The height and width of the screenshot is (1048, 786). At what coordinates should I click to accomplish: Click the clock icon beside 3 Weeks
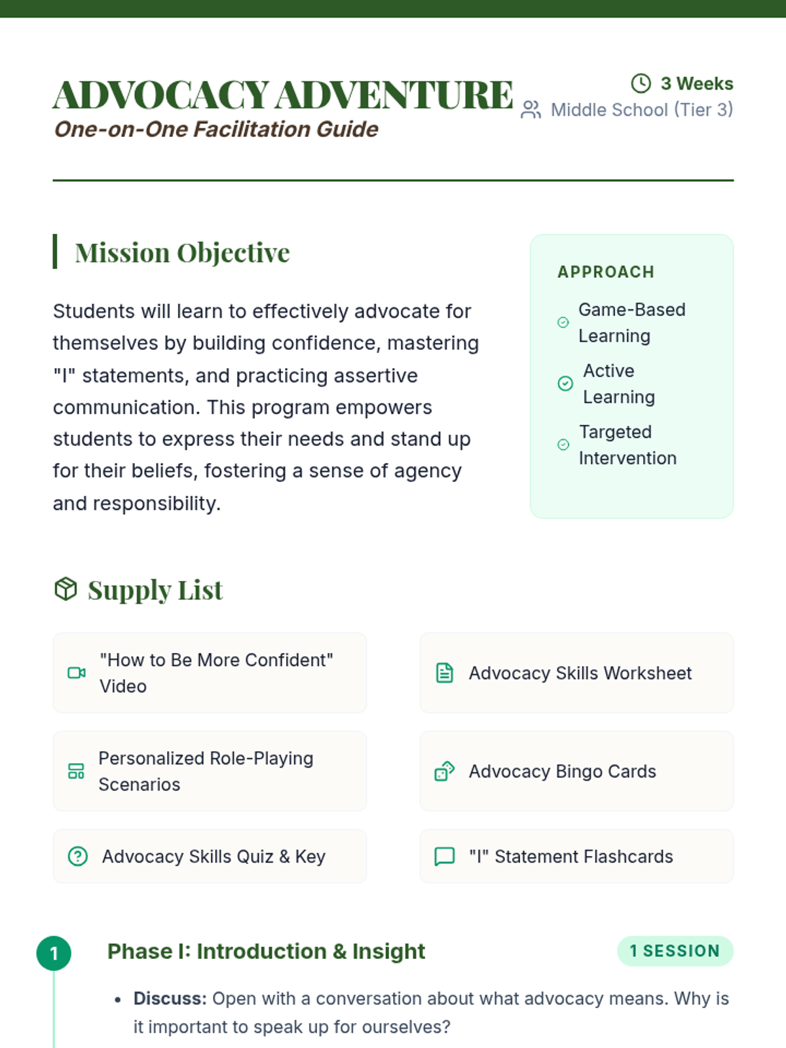pyautogui.click(x=641, y=83)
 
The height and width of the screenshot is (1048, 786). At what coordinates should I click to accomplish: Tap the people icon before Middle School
pyautogui.click(x=531, y=110)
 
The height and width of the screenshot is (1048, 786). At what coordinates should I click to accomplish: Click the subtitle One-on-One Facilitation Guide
pyautogui.click(x=216, y=129)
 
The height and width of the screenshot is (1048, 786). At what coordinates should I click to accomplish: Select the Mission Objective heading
pyautogui.click(x=182, y=253)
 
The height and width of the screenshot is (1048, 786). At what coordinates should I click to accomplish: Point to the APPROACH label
pyautogui.click(x=606, y=272)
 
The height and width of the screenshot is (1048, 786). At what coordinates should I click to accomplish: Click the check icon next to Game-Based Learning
pyautogui.click(x=563, y=322)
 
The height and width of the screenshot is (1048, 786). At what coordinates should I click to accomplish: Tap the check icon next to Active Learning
pyautogui.click(x=565, y=383)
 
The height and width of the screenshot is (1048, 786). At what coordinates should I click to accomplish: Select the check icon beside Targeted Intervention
pyautogui.click(x=563, y=445)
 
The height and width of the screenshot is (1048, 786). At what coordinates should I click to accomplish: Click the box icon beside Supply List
pyautogui.click(x=65, y=589)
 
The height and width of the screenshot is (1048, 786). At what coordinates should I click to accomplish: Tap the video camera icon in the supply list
pyautogui.click(x=77, y=673)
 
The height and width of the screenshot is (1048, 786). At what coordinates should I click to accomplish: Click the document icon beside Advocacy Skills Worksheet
pyautogui.click(x=445, y=673)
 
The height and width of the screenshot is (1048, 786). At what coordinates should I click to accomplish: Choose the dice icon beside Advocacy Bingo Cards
pyautogui.click(x=445, y=771)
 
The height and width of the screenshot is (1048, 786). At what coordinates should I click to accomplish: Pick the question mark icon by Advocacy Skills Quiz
pyautogui.click(x=77, y=856)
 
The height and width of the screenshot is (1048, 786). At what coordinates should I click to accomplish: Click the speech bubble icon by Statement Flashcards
pyautogui.click(x=445, y=856)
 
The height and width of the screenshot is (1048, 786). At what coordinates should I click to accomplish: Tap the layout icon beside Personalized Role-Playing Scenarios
pyautogui.click(x=76, y=771)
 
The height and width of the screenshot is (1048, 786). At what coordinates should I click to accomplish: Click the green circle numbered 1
pyautogui.click(x=54, y=953)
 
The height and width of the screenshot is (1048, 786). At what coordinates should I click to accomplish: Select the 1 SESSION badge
pyautogui.click(x=675, y=951)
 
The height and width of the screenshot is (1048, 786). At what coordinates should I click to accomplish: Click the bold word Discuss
pyautogui.click(x=170, y=998)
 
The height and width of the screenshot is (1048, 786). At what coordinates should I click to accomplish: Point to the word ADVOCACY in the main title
pyautogui.click(x=161, y=95)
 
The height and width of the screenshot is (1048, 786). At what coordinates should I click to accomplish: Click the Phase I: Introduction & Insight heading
pyautogui.click(x=266, y=951)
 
